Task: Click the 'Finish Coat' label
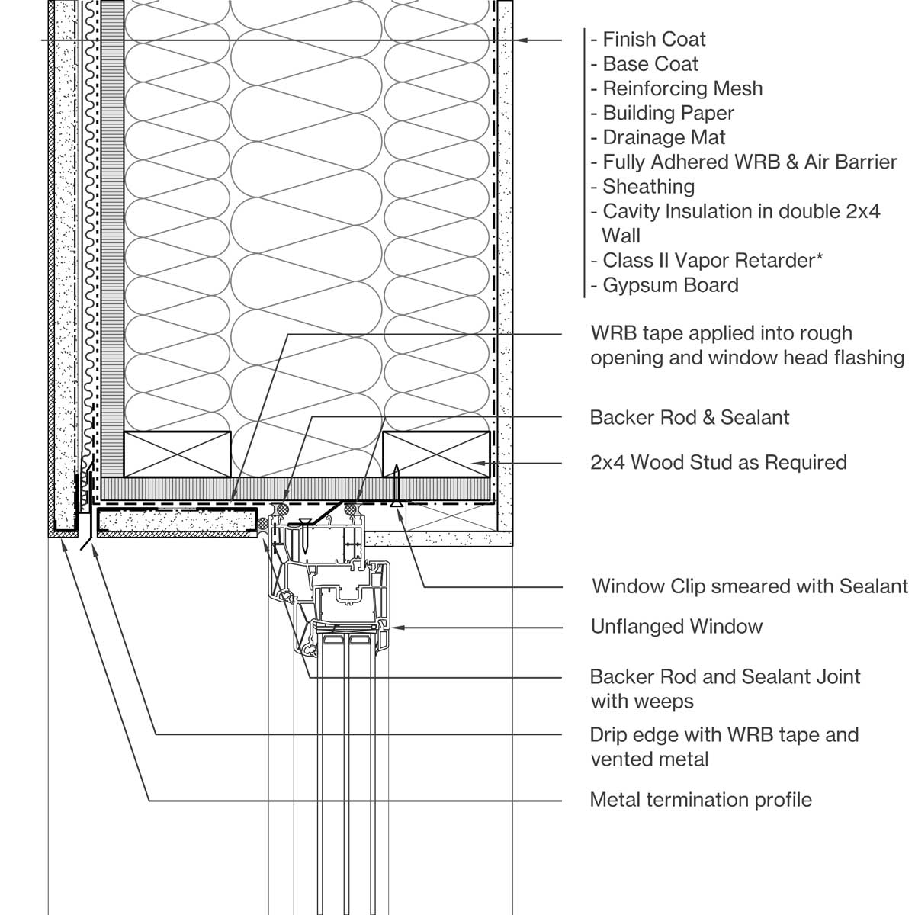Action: coord(653,40)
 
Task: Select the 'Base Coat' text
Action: coord(650,64)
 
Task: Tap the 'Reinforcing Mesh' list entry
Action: coord(682,88)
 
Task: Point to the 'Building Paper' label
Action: coord(668,113)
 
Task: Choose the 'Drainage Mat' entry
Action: coord(663,137)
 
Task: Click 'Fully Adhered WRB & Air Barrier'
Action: coord(749,162)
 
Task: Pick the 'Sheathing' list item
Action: coord(648,186)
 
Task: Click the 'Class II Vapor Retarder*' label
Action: coord(712,260)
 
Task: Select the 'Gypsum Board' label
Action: coord(670,285)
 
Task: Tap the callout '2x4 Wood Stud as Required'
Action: coord(718,462)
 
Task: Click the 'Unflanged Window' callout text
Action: coord(676,627)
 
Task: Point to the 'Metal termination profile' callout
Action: coord(701,800)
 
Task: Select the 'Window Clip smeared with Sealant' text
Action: coord(750,586)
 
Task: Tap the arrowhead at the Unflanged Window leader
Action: coord(394,628)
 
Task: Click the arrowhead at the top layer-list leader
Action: coord(518,40)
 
